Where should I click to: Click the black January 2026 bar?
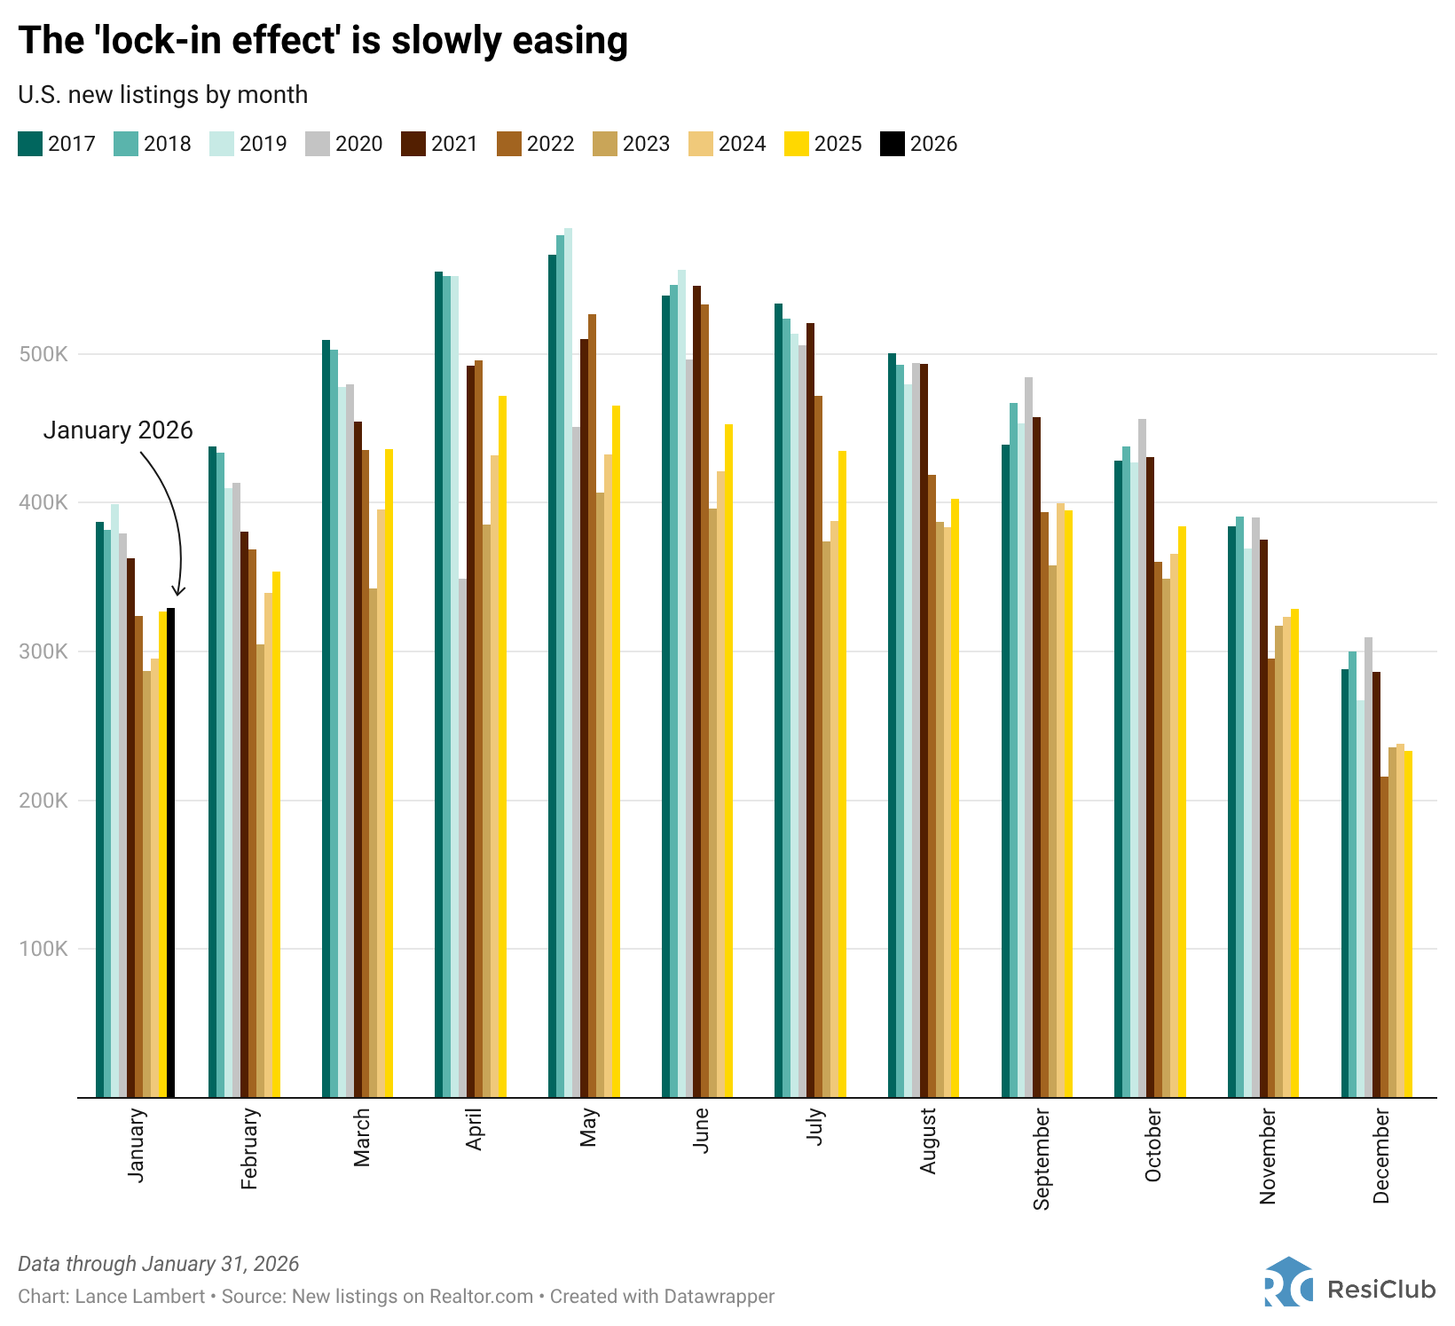click(x=170, y=852)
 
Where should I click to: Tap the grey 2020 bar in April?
click(x=462, y=838)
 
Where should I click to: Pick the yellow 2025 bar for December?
click(x=1408, y=924)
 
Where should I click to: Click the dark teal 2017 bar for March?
click(x=326, y=719)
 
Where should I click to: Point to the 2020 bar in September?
click(x=1028, y=737)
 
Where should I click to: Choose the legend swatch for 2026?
click(x=892, y=144)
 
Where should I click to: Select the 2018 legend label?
click(x=167, y=144)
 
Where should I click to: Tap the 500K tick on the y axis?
click(x=43, y=354)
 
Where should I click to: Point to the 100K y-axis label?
click(x=43, y=949)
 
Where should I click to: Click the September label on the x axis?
click(x=1041, y=1158)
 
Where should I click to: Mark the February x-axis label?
click(x=249, y=1148)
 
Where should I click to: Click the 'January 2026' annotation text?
click(x=118, y=430)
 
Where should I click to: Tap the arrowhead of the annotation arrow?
click(x=178, y=592)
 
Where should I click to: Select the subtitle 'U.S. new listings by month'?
click(x=162, y=95)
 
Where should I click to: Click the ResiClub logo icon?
click(x=1288, y=1283)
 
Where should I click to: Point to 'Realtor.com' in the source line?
click(x=481, y=1297)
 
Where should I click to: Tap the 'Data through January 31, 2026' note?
click(x=158, y=1264)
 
